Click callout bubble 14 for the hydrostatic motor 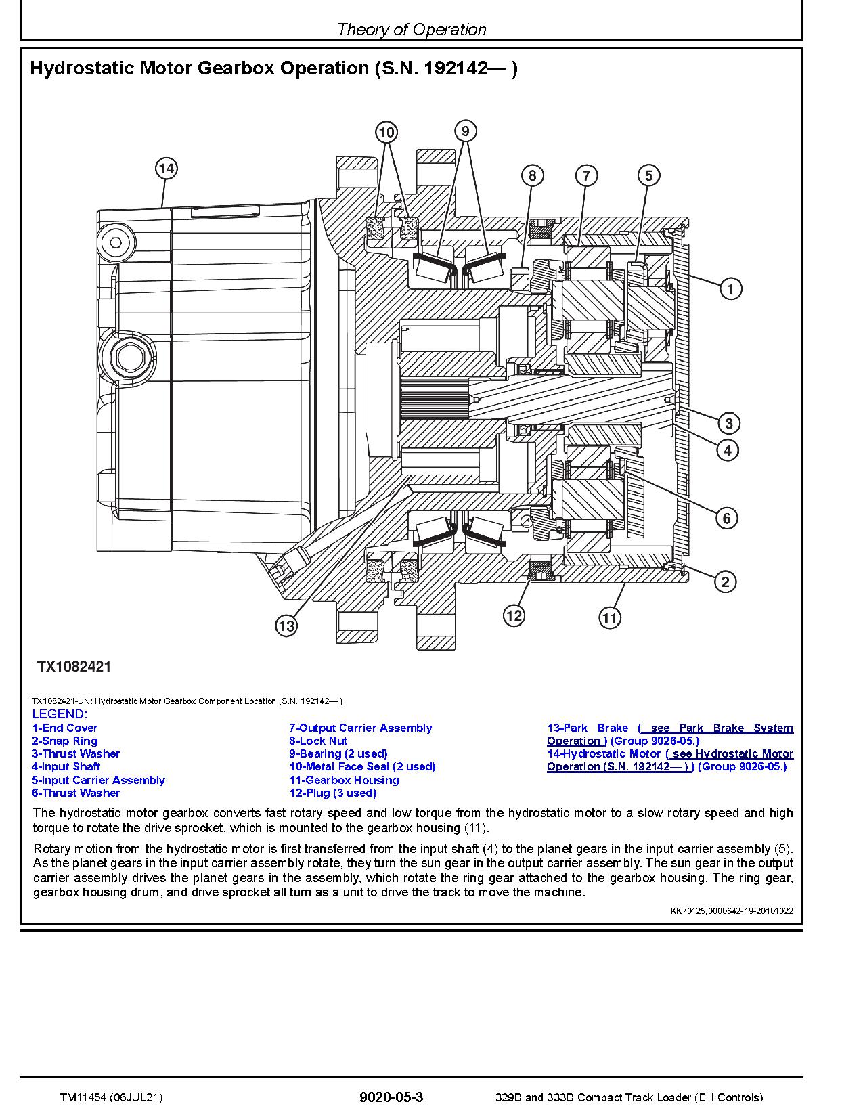166,168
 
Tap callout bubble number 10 386,131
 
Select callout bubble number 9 465,130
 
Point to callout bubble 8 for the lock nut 532,176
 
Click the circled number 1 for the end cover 730,289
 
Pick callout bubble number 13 286,626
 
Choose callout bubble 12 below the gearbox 514,615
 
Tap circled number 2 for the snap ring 725,582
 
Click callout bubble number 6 726,519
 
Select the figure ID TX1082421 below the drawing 74,666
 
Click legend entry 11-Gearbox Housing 344,780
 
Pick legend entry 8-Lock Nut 318,741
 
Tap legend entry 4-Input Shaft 66,766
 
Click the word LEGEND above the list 60,714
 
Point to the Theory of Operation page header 411,29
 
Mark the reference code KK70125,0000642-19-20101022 732,911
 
